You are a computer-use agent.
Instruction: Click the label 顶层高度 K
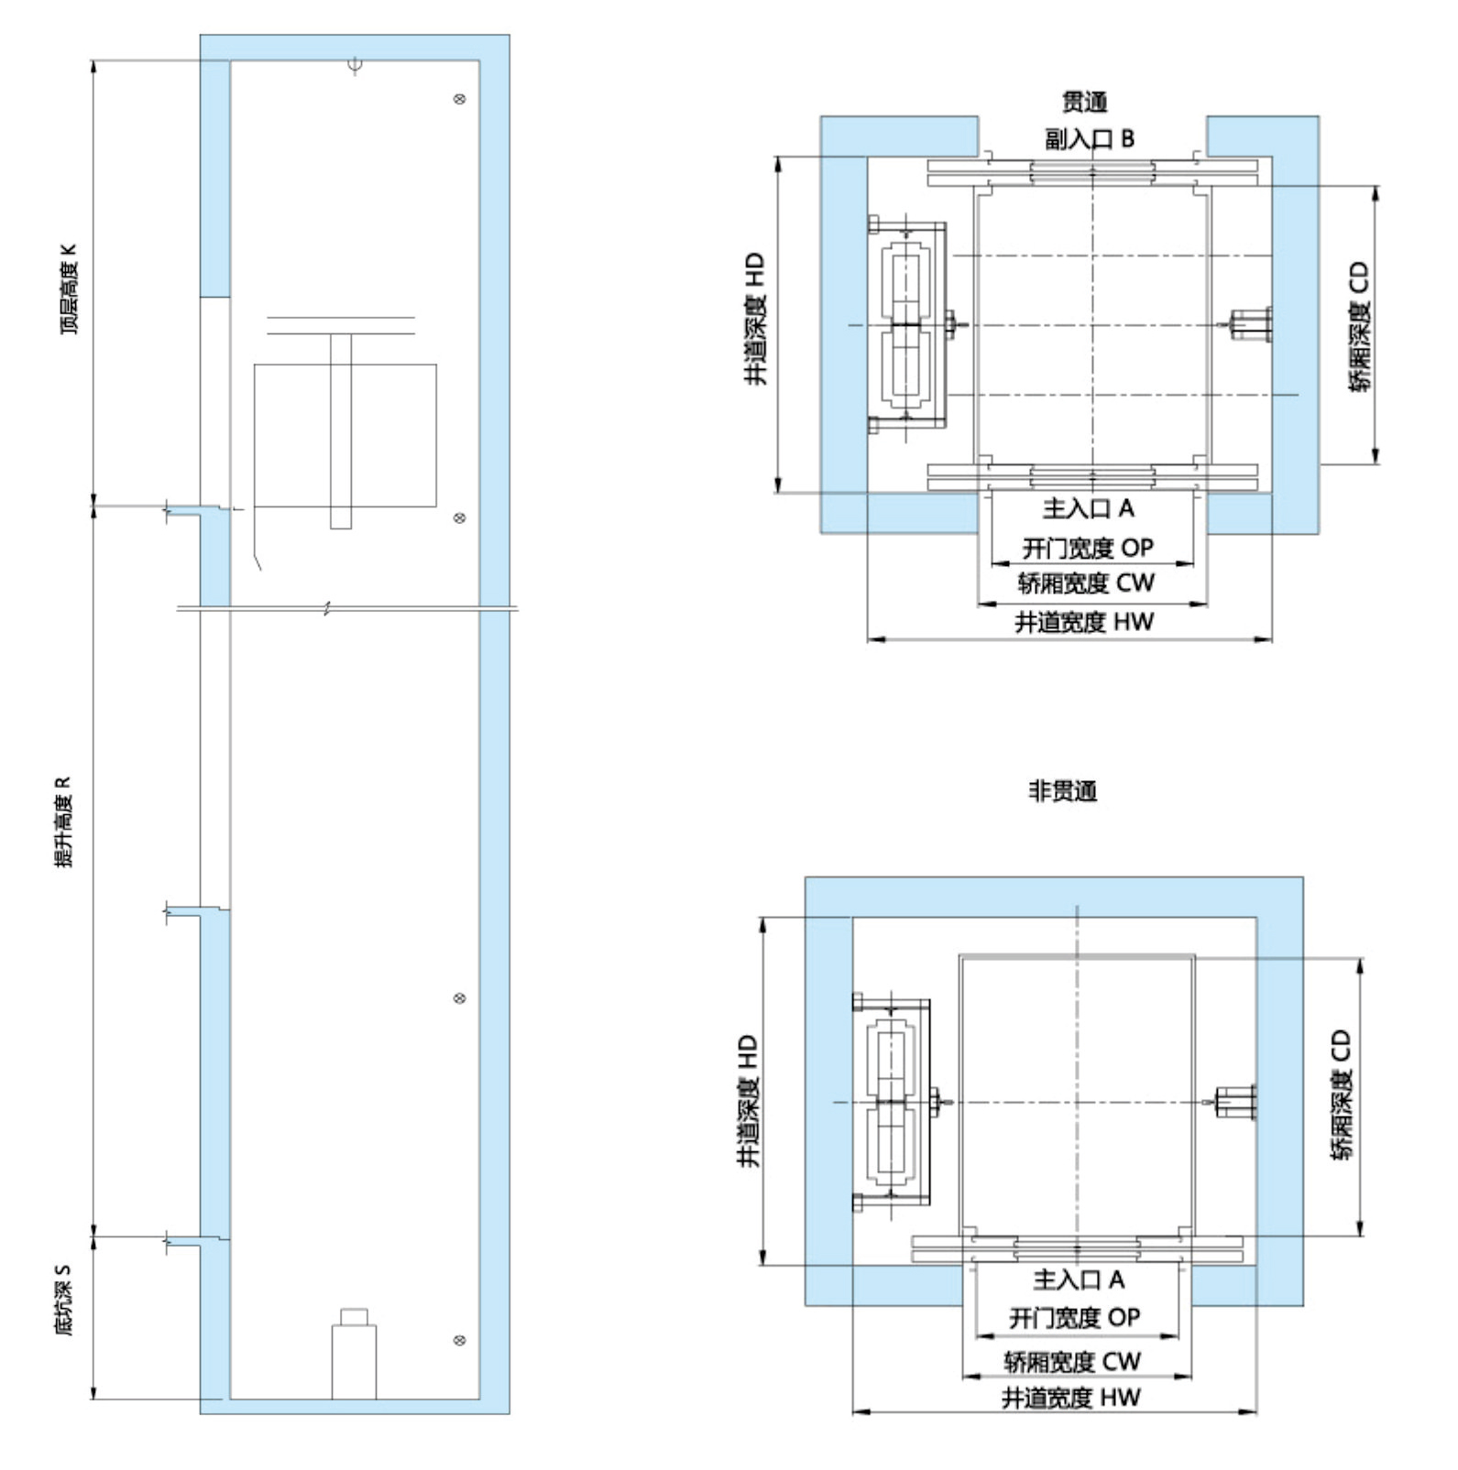[70, 289]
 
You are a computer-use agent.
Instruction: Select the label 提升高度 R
[62, 822]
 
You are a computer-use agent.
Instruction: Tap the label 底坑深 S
[62, 1300]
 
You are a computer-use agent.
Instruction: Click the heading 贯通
[1085, 102]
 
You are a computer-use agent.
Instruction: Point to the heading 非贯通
[1063, 791]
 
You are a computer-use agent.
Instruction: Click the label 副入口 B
[1090, 139]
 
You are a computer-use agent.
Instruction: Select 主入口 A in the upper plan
[1089, 509]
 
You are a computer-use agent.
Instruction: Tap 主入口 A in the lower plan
[1079, 1279]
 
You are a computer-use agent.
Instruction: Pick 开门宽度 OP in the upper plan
[1088, 548]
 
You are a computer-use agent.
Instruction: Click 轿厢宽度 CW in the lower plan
[1073, 1362]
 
